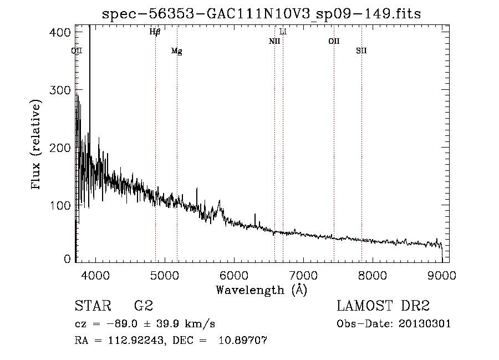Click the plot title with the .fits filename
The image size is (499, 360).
click(261, 13)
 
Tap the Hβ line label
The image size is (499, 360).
click(155, 32)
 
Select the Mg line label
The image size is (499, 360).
click(177, 51)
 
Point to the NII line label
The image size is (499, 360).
click(274, 41)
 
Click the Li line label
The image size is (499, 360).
click(283, 32)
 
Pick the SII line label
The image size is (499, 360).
click(361, 50)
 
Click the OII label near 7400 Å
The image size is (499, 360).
click(334, 41)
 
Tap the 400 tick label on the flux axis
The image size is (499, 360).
click(60, 32)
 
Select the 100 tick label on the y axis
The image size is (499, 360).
click(60, 205)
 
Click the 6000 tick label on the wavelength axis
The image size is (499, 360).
click(234, 275)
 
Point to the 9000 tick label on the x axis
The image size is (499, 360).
click(442, 275)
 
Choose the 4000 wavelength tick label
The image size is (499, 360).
click(95, 275)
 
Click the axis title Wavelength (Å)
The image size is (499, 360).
click(262, 290)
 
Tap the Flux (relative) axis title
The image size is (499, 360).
click(35, 144)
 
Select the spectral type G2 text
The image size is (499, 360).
click(144, 306)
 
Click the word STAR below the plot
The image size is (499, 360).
click(93, 306)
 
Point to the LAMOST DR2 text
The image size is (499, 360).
click(383, 306)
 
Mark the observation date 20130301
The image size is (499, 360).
click(425, 324)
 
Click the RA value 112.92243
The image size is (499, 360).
click(136, 340)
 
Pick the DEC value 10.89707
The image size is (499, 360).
click(243, 340)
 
